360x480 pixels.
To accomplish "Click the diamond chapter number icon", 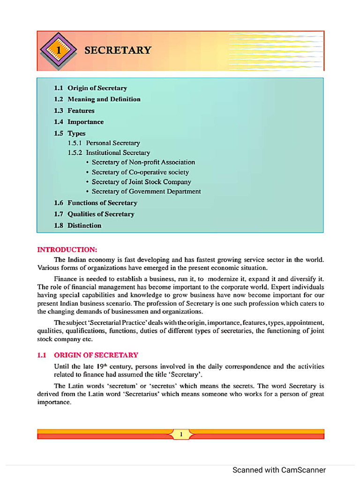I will tap(59, 50).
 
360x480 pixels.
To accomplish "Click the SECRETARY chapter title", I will tap(118, 50).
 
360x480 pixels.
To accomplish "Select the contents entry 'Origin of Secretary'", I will tap(97, 88).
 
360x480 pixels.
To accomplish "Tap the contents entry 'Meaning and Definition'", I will tap(104, 99).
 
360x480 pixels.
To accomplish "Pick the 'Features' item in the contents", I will tap(81, 111).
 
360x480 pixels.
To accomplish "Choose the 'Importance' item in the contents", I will tap(85, 122).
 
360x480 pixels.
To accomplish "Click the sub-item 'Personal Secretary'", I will tap(112, 143).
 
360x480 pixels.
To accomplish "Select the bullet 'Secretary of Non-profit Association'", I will tap(143, 162).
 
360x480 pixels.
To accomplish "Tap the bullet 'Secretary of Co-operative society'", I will tap(140, 172).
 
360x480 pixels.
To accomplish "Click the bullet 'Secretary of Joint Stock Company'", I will tap(141, 182).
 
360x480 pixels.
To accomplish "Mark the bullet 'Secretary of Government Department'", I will tap(146, 192).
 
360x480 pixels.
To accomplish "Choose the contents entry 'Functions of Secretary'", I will tap(102, 203).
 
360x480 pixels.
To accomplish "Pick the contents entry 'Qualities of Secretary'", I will tap(101, 214).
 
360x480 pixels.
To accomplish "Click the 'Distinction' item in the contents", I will tap(84, 225).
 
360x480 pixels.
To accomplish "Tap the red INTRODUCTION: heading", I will tap(67, 249).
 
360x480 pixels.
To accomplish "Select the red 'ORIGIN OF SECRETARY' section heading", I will tap(96, 355).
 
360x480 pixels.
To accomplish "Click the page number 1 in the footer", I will tap(181, 435).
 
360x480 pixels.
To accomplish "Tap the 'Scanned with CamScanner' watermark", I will tap(279, 470).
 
